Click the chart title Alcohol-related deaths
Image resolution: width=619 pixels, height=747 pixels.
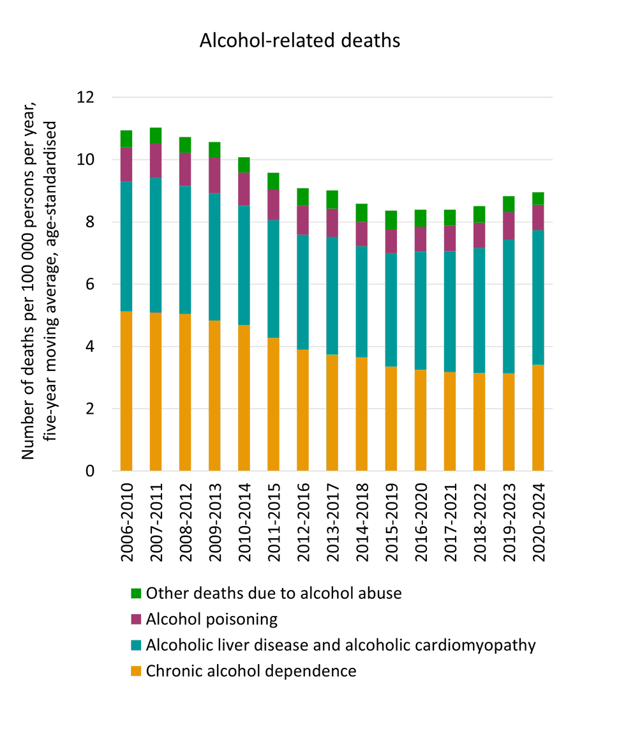tap(300, 40)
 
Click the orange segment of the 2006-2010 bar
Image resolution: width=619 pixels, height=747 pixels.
tap(126, 391)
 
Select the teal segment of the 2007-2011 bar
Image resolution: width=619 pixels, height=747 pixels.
tap(156, 245)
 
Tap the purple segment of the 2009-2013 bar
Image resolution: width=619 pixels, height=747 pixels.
tap(215, 175)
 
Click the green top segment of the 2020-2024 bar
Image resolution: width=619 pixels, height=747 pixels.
tap(538, 199)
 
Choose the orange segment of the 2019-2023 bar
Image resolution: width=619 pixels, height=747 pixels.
tap(509, 422)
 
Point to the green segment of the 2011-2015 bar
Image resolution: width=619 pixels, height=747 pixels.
tap(273, 181)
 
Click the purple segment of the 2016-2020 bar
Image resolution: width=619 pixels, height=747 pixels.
tap(421, 239)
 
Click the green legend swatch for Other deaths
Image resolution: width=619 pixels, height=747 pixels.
tap(135, 593)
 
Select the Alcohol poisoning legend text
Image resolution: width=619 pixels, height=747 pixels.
tap(212, 619)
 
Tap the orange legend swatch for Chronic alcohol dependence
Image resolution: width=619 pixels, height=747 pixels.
tap(135, 671)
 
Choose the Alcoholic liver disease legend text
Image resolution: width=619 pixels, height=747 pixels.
tap(341, 645)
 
